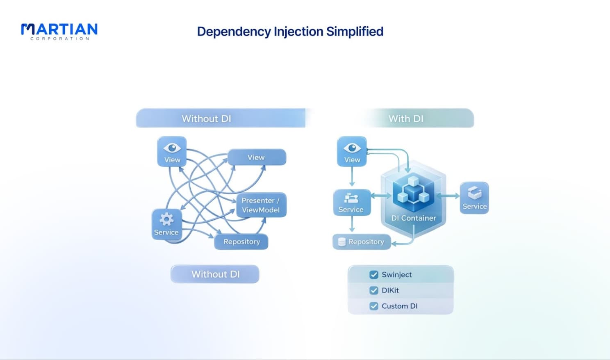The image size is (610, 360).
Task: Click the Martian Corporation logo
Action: coord(59,32)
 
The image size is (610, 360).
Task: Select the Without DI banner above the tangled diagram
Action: coord(221,118)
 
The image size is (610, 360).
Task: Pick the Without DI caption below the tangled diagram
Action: coord(215,274)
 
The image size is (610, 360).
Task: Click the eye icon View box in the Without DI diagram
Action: coord(172,151)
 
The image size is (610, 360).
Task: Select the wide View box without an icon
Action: coord(257,157)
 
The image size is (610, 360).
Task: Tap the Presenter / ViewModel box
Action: coord(261,205)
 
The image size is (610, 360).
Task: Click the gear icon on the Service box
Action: coord(166,219)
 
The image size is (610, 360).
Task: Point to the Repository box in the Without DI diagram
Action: coord(241,242)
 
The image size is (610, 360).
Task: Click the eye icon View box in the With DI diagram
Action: coord(352,151)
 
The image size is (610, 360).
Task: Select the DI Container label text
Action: coord(413,218)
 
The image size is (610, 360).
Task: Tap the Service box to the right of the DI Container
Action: coord(474,198)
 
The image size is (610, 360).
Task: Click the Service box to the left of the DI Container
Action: coord(352,202)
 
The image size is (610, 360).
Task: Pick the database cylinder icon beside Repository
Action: coord(342,242)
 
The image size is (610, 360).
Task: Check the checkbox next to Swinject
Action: coord(374,274)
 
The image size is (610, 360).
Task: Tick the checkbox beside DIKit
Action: coord(374,290)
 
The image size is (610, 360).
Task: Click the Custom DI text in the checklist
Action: coord(400,306)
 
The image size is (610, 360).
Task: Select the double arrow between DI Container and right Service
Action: coord(448,196)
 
